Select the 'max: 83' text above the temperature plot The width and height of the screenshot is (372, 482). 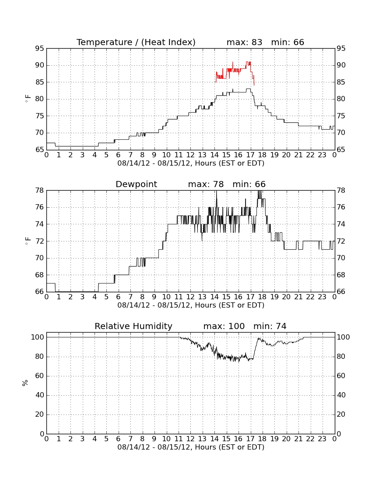pyautogui.click(x=244, y=42)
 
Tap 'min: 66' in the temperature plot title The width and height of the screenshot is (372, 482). pyautogui.click(x=288, y=42)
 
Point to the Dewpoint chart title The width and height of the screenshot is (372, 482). pyautogui.click(x=136, y=184)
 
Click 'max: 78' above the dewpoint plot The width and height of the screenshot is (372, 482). pyautogui.click(x=206, y=184)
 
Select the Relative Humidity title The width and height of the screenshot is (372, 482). pyautogui.click(x=133, y=326)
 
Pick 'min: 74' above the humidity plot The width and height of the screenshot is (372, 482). pyautogui.click(x=270, y=326)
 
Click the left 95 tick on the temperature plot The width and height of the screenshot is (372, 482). pyautogui.click(x=39, y=49)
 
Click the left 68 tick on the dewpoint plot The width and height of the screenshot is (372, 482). pyautogui.click(x=39, y=275)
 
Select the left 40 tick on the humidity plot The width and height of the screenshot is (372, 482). pyautogui.click(x=40, y=395)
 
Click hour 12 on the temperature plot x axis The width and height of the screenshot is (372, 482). pyautogui.click(x=190, y=155)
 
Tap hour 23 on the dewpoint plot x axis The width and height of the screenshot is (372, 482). pyautogui.click(x=322, y=297)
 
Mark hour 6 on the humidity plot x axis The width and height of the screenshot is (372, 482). pyautogui.click(x=119, y=439)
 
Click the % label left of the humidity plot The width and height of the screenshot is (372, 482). pyautogui.click(x=25, y=383)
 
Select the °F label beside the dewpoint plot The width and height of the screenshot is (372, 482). pyautogui.click(x=27, y=241)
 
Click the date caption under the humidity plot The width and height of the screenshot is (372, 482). pyautogui.click(x=191, y=447)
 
